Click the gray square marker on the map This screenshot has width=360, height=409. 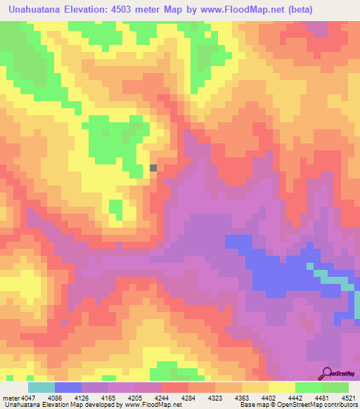pos(154,168)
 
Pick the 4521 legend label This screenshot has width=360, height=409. pos(348,398)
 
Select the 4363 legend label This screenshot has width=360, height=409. pos(243,398)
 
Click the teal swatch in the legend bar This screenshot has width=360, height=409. pos(41,387)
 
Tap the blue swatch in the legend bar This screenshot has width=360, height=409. pos(67,387)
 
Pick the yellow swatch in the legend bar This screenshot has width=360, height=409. pos(281,387)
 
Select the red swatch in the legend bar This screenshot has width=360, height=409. pos(174,387)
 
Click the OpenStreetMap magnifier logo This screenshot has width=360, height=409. pos(327,373)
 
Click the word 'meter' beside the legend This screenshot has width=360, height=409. pos(11,398)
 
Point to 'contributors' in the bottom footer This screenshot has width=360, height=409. pos(340,405)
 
